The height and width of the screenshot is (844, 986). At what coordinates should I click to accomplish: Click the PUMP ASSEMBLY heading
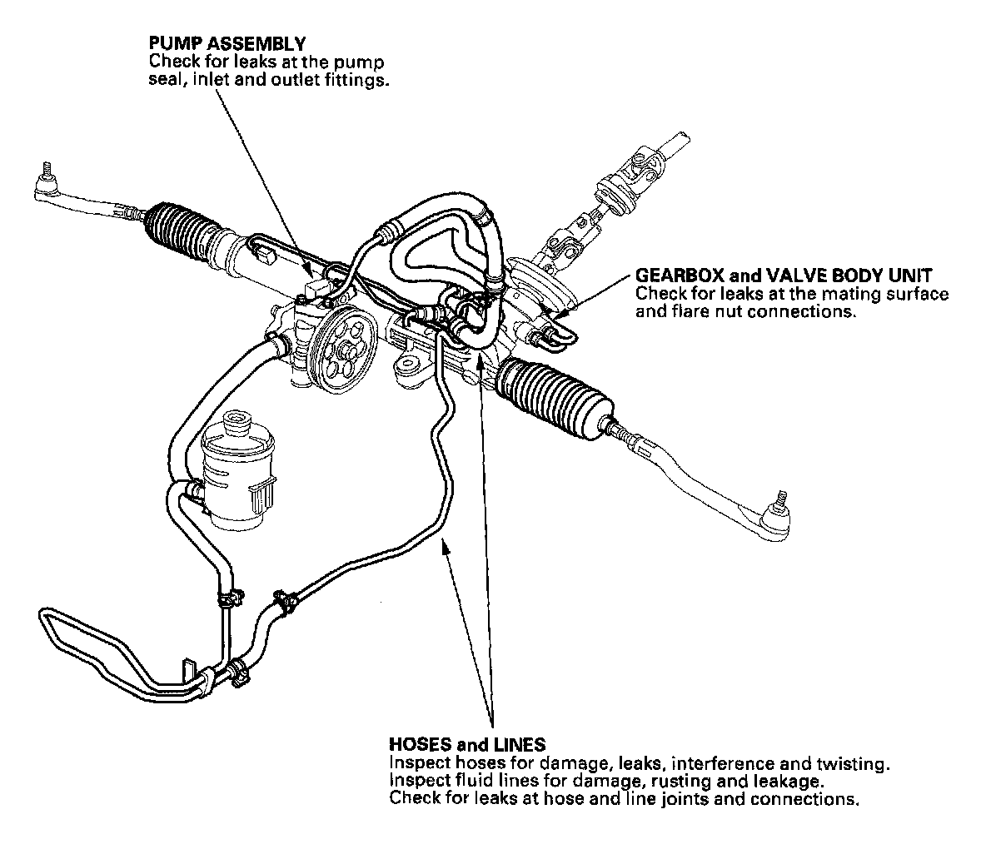click(227, 42)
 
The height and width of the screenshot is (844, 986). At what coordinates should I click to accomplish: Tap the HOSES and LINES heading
click(466, 744)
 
